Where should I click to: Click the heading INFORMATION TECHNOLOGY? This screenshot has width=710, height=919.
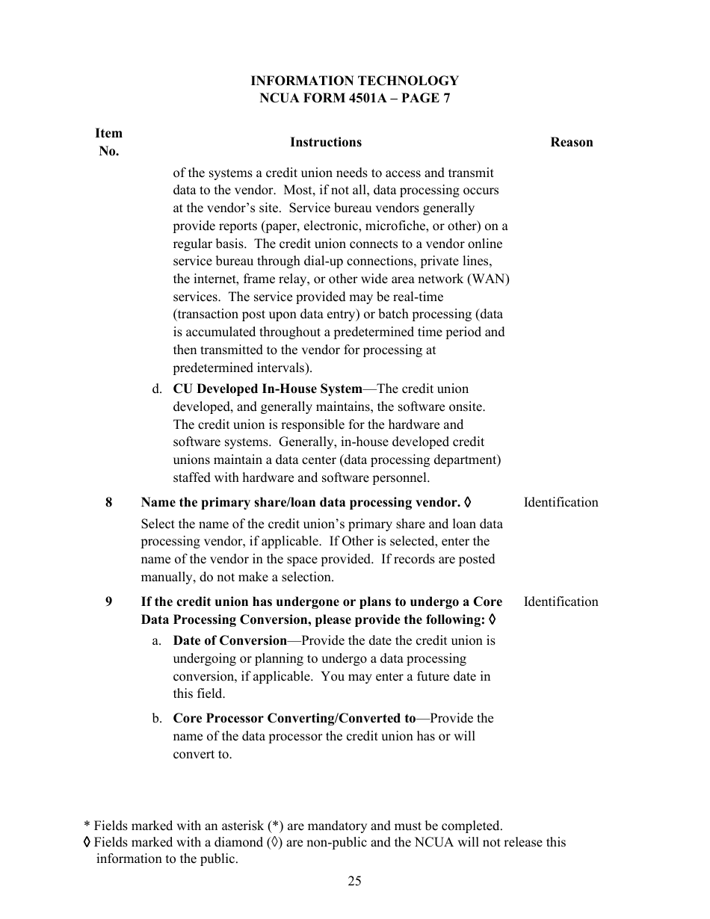[354, 81]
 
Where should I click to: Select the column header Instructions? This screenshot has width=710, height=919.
[325, 142]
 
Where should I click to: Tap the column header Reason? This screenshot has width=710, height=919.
[571, 142]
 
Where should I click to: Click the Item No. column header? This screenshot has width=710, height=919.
[108, 142]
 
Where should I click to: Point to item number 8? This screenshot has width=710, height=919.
[109, 502]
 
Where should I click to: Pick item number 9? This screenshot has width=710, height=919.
[109, 601]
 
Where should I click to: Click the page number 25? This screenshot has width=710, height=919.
[354, 881]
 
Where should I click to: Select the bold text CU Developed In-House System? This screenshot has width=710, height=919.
[267, 389]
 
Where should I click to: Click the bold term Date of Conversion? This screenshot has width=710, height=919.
[229, 640]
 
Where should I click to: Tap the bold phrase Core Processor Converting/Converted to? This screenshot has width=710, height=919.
[294, 718]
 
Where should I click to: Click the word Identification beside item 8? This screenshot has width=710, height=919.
[561, 502]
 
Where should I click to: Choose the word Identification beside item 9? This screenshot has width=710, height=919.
[561, 601]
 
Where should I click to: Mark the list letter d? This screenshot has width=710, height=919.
[157, 389]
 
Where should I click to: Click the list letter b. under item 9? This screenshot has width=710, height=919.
[157, 718]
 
